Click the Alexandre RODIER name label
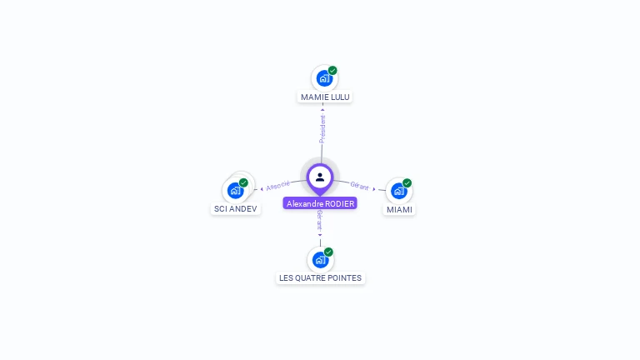[x=320, y=203]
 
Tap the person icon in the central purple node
[x=320, y=177]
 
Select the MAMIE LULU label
[x=325, y=97]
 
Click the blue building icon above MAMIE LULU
[x=323, y=78]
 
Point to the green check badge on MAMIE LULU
[x=332, y=71]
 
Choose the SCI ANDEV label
[x=236, y=209]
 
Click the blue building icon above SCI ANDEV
[x=235, y=190]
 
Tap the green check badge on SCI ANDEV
[x=243, y=182]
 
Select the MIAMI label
[x=399, y=209]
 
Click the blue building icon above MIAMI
[x=398, y=191]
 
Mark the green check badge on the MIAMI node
[x=407, y=183]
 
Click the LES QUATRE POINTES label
[x=321, y=277]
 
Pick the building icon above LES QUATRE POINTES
[x=320, y=259]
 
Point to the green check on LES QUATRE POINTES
[x=328, y=252]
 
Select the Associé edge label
[x=278, y=185]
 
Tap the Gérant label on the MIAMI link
[x=359, y=186]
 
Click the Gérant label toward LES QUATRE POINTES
[x=319, y=219]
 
